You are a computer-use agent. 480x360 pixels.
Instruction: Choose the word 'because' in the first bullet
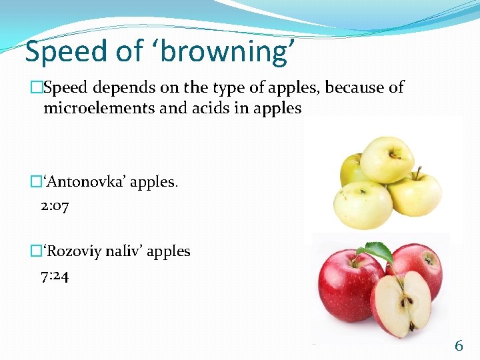[326, 88]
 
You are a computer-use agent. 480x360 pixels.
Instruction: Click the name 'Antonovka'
[85, 182]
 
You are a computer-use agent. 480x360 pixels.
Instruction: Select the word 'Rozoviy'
[73, 251]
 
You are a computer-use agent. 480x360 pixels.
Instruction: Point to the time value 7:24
[55, 275]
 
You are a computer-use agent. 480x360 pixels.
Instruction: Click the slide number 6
[459, 345]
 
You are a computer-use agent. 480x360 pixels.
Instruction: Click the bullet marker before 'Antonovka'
[36, 182]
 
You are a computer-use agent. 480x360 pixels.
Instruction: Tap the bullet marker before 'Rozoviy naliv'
[36, 251]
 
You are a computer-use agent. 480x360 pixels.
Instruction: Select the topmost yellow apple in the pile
[387, 159]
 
